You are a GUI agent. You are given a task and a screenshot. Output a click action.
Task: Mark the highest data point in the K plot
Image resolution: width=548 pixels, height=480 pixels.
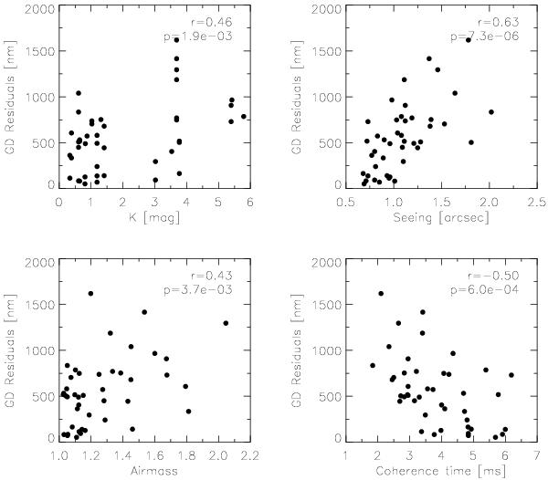176,40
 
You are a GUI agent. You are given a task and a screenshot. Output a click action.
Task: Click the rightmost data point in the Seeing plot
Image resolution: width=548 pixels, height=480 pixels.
491,112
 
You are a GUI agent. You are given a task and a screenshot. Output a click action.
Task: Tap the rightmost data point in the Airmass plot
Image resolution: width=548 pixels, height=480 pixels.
226,322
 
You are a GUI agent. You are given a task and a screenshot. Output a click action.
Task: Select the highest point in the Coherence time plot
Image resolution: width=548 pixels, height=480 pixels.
381,293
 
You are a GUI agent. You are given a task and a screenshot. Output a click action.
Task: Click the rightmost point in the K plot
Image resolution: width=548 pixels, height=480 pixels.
244,117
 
